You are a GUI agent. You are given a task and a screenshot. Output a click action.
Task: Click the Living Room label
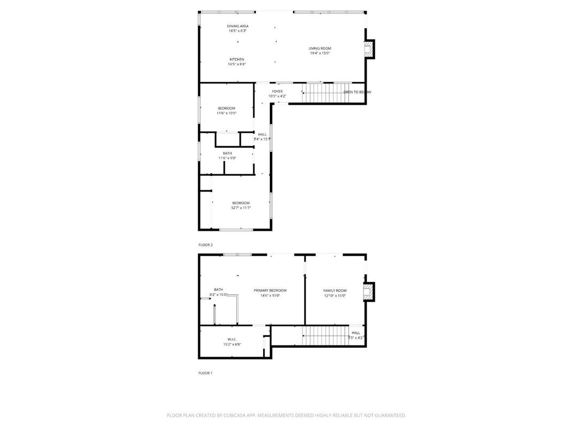point(320,49)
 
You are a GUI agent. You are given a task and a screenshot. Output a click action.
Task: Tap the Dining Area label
point(237,26)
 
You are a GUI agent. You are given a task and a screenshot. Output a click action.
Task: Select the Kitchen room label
point(237,59)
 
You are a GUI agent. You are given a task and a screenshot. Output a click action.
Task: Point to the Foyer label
point(277,91)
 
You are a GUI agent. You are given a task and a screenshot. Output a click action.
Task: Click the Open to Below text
point(357,92)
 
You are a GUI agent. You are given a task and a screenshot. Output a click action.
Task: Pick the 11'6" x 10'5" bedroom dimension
point(226,113)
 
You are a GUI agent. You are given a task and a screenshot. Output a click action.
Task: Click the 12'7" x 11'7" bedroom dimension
point(241,208)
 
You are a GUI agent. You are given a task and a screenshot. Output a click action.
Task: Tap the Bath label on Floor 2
point(227,153)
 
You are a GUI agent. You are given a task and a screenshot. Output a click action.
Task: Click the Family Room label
point(335,290)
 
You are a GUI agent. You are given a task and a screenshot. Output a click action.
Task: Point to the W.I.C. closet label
point(232,340)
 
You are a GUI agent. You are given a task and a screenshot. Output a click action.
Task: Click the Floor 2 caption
point(205,245)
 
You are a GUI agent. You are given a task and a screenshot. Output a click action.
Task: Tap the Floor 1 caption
point(205,373)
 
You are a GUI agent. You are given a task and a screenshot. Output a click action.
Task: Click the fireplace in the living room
point(368,50)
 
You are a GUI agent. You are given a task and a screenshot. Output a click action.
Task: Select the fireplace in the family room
point(368,292)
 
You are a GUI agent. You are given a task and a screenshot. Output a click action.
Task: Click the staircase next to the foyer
point(322,93)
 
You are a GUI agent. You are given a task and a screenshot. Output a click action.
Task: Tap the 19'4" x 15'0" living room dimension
point(320,53)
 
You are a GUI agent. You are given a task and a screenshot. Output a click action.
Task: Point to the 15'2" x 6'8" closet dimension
point(232,344)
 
